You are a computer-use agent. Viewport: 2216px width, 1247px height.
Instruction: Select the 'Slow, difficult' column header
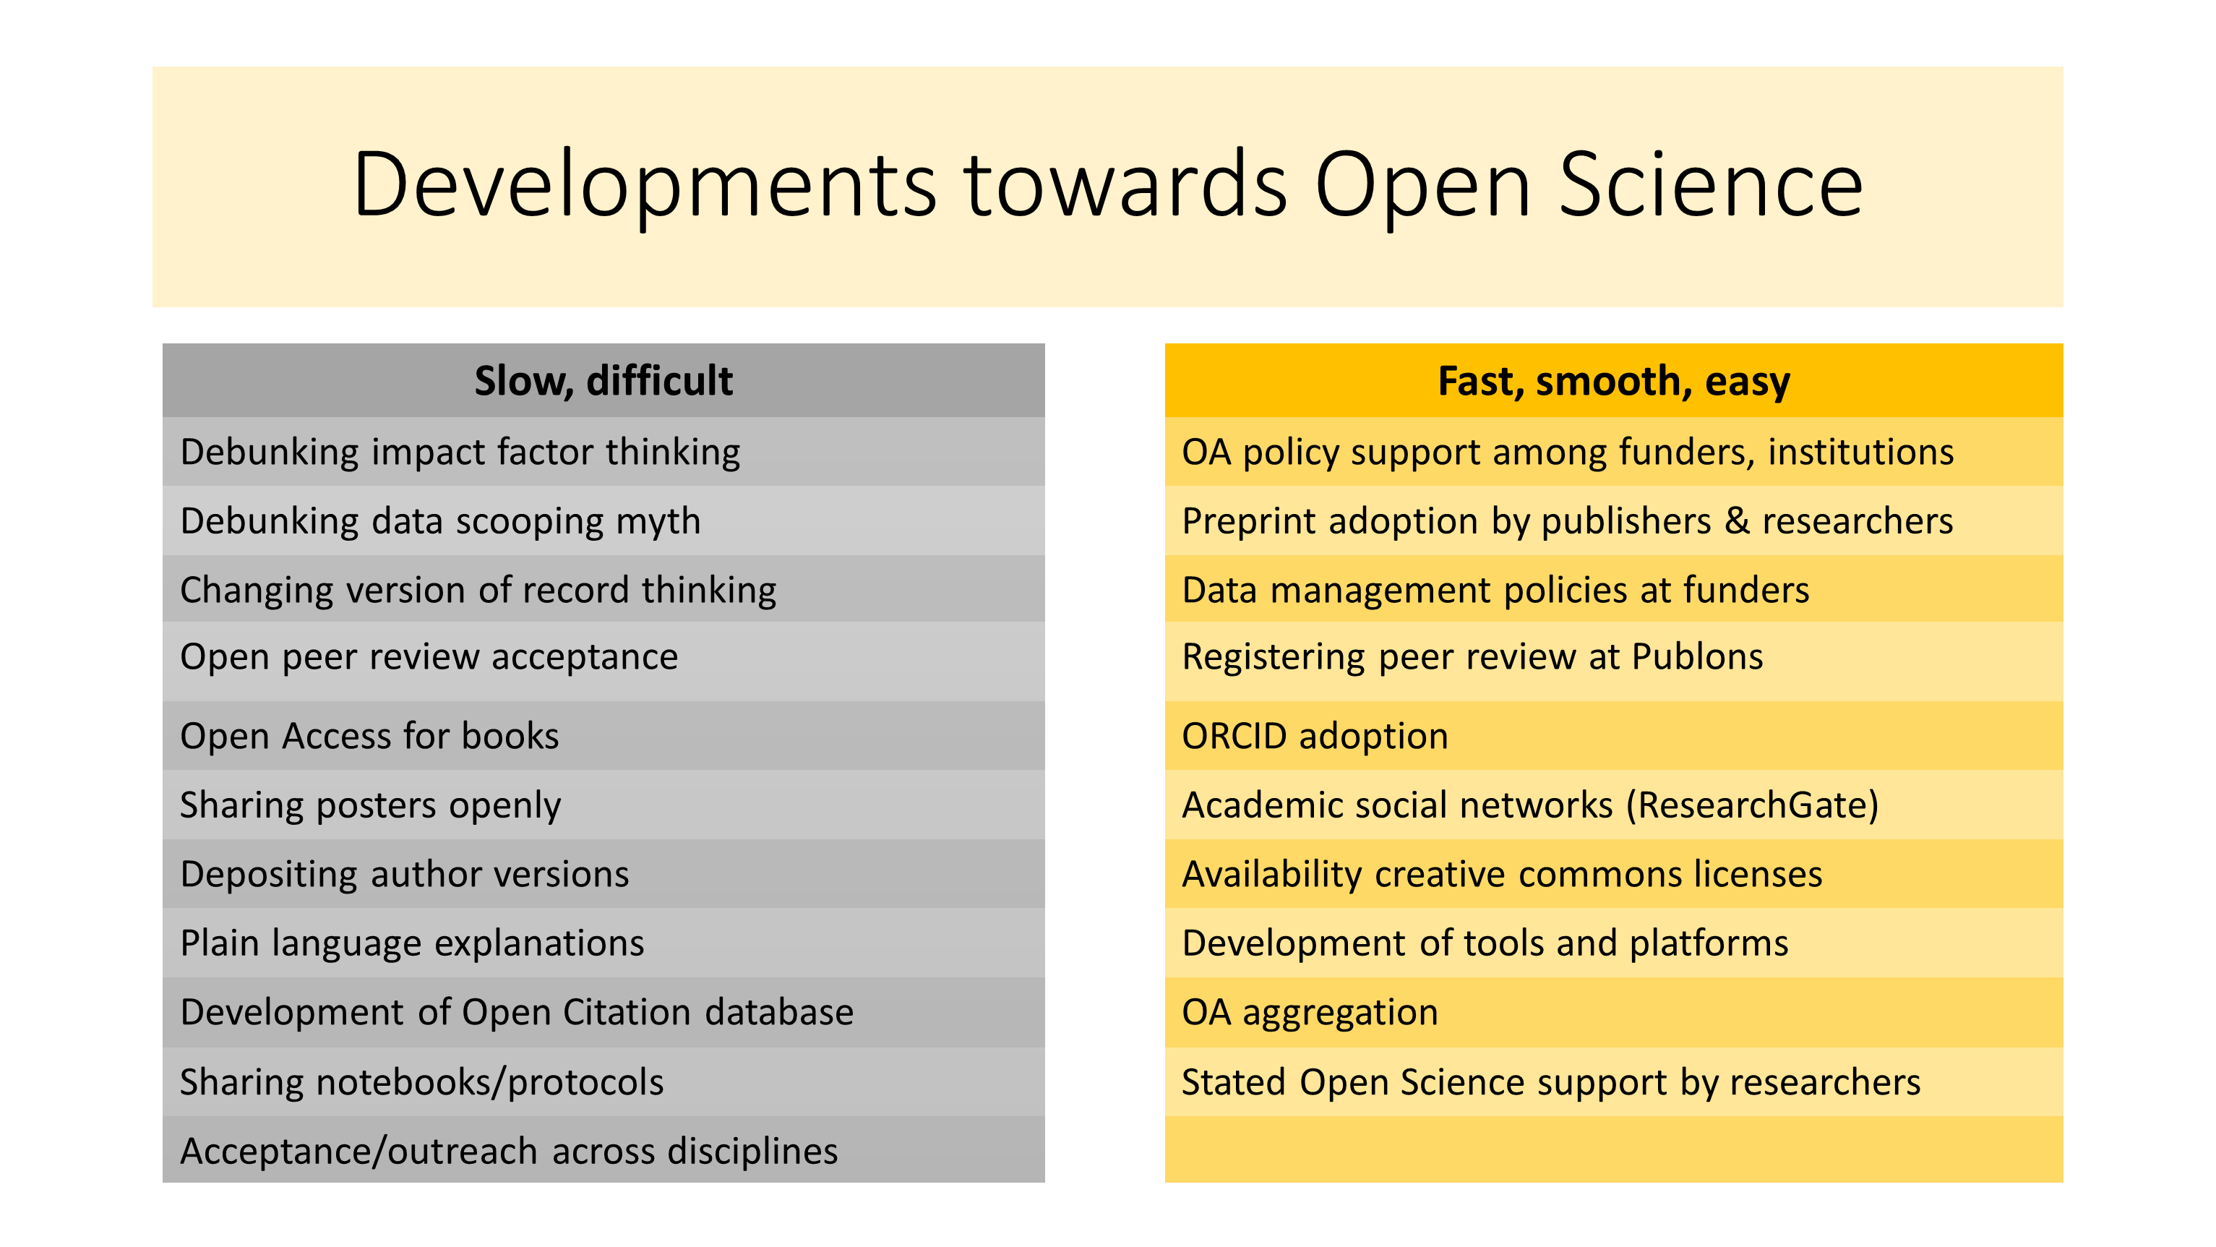(603, 380)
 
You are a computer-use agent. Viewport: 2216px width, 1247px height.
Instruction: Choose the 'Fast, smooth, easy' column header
(1613, 380)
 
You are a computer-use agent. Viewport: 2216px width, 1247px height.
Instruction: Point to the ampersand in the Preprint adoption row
(1737, 521)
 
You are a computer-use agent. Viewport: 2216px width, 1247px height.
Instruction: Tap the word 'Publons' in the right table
(1697, 658)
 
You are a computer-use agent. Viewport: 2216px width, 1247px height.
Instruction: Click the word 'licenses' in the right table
(1758, 875)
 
